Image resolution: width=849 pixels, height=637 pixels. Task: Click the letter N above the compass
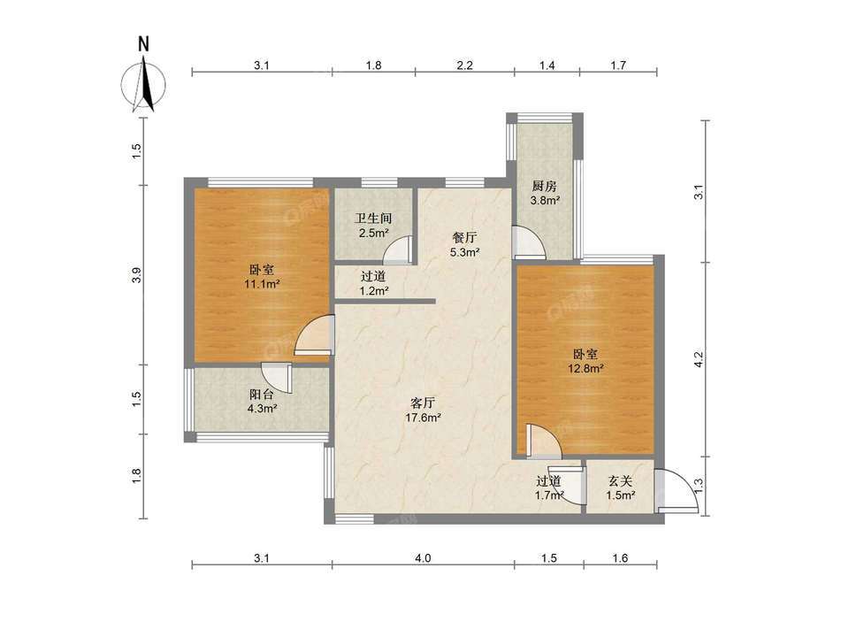(143, 43)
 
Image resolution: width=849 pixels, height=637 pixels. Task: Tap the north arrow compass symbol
(143, 85)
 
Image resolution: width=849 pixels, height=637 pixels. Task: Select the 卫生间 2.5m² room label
(373, 225)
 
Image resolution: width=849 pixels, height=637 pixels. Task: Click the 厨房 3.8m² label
(544, 194)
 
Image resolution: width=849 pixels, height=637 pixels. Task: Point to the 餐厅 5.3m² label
(465, 245)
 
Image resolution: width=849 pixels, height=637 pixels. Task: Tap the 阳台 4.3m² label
(263, 402)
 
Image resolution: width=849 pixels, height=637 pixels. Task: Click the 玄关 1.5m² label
(620, 488)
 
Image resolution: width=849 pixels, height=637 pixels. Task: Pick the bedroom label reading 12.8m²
(585, 361)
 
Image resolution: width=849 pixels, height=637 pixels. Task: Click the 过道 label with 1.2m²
(373, 283)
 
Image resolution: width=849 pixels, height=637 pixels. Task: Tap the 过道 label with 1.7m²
(549, 488)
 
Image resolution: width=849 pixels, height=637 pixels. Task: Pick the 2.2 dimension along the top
(465, 65)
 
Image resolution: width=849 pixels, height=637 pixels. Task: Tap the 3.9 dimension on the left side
(136, 275)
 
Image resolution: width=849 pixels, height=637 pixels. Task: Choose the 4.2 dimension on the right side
(698, 360)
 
